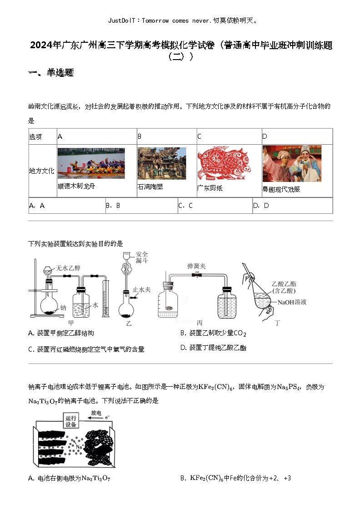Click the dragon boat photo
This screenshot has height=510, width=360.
(91, 163)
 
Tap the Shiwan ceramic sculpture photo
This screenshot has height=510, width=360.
(161, 163)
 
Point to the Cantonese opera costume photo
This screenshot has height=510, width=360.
(292, 163)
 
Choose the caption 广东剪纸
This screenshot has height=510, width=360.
(210, 188)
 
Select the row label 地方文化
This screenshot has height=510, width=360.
(41, 171)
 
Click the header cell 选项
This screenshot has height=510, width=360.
(35, 136)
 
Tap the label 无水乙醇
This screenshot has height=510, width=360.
(68, 268)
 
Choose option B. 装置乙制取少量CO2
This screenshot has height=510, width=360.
(213, 333)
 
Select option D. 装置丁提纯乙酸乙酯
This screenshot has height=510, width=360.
(213, 348)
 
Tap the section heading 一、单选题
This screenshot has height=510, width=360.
(51, 73)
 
